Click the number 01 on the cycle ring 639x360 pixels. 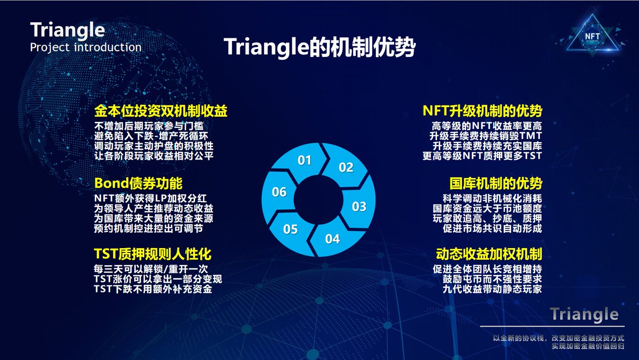click(x=304, y=160)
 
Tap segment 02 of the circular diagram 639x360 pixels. click(x=346, y=167)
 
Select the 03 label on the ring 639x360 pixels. click(x=359, y=207)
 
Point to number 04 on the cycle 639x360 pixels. click(x=332, y=239)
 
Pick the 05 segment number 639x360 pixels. click(x=290, y=229)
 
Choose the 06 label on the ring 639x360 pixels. click(x=279, y=192)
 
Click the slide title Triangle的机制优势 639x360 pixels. click(x=319, y=47)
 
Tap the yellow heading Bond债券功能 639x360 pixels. click(x=138, y=183)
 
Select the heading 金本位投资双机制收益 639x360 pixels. click(x=161, y=111)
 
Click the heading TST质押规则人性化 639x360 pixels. click(x=153, y=254)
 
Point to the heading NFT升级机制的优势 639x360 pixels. click(x=482, y=111)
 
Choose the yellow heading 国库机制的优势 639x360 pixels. click(x=496, y=183)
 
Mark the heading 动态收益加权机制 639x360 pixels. click(x=489, y=254)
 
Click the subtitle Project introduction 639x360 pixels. click(x=86, y=47)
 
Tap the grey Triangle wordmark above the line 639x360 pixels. click(x=584, y=314)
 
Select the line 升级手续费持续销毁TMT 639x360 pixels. click(x=486, y=136)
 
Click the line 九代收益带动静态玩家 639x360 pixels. click(x=493, y=289)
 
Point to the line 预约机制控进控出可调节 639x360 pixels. click(x=149, y=228)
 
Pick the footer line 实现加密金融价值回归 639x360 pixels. click(x=588, y=346)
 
